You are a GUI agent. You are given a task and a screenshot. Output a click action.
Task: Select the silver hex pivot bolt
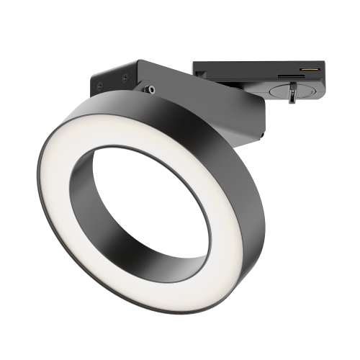pos(151,89)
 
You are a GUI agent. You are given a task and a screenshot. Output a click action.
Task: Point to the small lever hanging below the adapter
pos(293,94)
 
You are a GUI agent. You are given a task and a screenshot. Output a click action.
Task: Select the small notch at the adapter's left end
pos(196,68)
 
